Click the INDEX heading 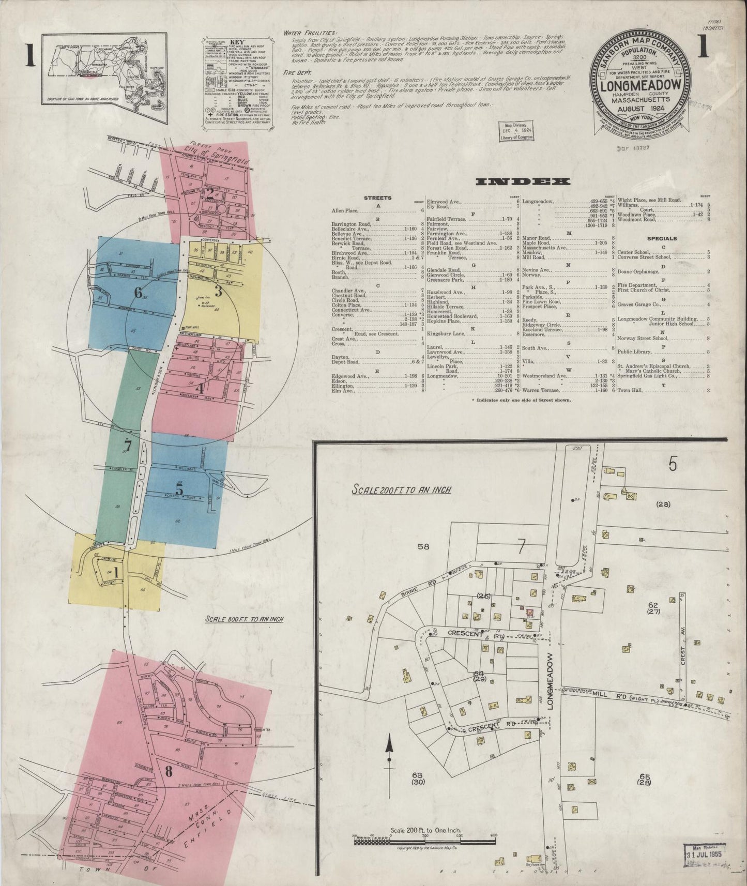pos(522,181)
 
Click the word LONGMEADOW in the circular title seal pos(643,86)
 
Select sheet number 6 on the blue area pos(138,293)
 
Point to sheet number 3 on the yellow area pos(218,292)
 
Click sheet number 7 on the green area pos(128,445)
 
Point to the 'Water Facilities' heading pos(310,33)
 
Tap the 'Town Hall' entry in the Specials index pos(630,390)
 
